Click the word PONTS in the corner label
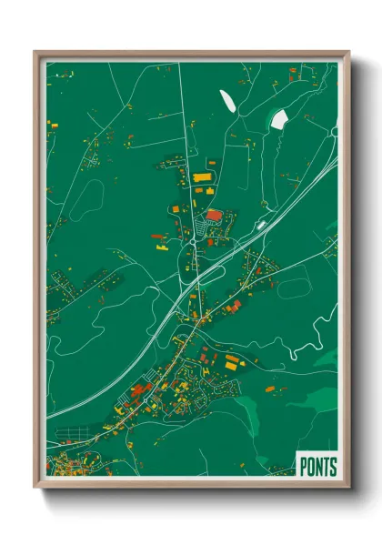(x=317, y=468)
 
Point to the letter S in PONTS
(x=333, y=468)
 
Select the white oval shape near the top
(x=226, y=99)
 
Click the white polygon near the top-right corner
(x=280, y=119)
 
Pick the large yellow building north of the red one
(x=201, y=176)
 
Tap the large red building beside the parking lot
(x=213, y=216)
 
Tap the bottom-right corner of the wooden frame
(x=348, y=489)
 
